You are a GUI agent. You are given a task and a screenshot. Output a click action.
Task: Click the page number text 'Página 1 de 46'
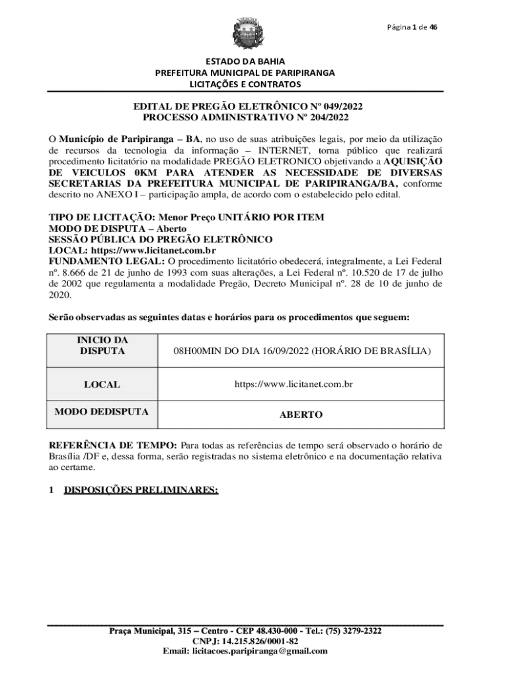412,27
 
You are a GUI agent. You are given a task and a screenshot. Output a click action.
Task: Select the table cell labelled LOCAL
102,384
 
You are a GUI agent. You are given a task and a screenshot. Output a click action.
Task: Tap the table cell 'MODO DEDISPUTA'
102,412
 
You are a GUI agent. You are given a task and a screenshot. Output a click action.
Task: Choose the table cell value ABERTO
301,415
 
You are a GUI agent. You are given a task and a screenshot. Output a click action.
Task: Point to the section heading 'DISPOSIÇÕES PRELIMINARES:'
141,490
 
